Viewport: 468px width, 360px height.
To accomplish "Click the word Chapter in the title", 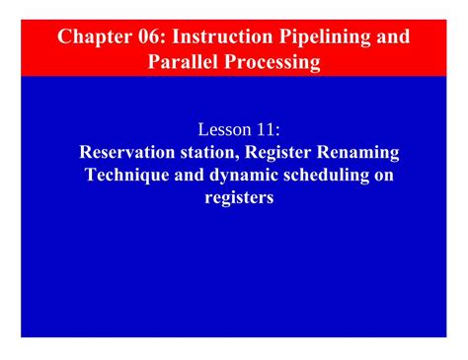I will tap(93, 38).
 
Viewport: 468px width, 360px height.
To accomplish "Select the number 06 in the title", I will tap(150, 38).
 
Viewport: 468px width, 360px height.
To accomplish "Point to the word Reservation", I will tap(126, 152).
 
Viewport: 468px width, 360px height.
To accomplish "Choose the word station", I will tap(208, 152).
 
